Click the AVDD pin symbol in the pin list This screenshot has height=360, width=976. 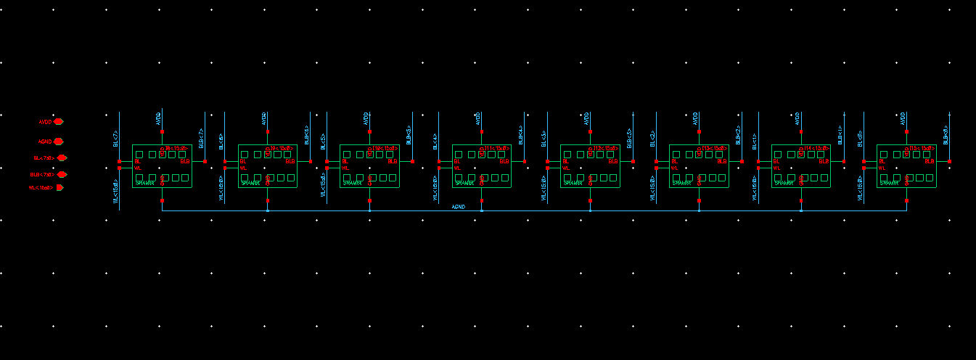[x=59, y=122]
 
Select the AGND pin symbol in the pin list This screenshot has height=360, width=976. [x=59, y=142]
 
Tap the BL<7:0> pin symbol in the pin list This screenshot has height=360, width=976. [x=62, y=157]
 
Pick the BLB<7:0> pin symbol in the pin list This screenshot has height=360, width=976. [x=62, y=174]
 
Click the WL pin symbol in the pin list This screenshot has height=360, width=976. [x=60, y=187]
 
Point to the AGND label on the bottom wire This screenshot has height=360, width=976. [x=458, y=207]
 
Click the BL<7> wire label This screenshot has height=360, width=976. [x=115, y=139]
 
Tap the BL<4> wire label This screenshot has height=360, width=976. [x=435, y=139]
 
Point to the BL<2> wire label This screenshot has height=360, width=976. [x=653, y=139]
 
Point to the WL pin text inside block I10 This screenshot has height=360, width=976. [x=345, y=168]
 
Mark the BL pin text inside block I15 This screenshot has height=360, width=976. [x=882, y=161]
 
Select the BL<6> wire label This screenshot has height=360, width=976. [x=221, y=139]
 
